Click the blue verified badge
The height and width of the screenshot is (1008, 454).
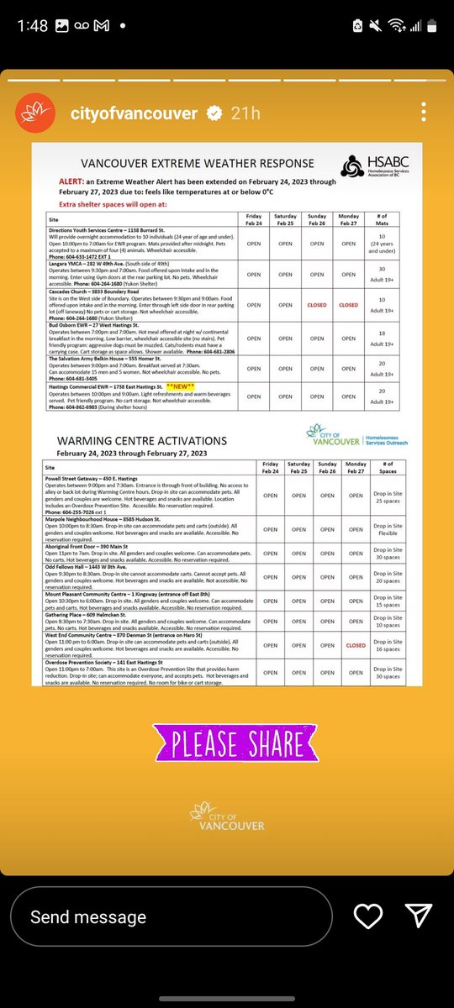tap(214, 113)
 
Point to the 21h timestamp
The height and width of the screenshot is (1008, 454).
tap(246, 113)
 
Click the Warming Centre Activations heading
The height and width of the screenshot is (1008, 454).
tap(141, 440)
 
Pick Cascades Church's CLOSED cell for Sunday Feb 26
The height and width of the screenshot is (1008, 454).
tap(317, 305)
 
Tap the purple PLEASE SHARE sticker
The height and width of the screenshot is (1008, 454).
tap(227, 743)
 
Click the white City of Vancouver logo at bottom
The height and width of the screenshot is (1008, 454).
tap(227, 816)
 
